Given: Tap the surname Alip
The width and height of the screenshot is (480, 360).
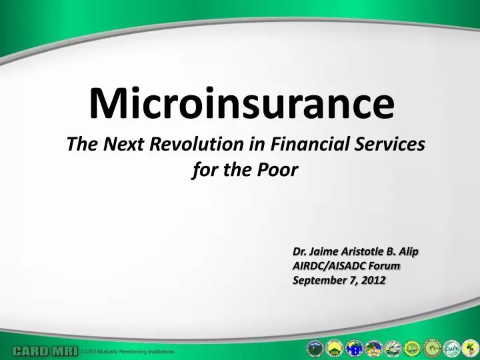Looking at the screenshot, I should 408,251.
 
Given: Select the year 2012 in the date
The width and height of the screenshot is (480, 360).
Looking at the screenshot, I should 374,280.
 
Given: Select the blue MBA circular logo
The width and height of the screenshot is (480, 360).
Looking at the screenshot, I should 354,347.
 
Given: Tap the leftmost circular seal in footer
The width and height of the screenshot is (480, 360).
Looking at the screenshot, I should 315,347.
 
